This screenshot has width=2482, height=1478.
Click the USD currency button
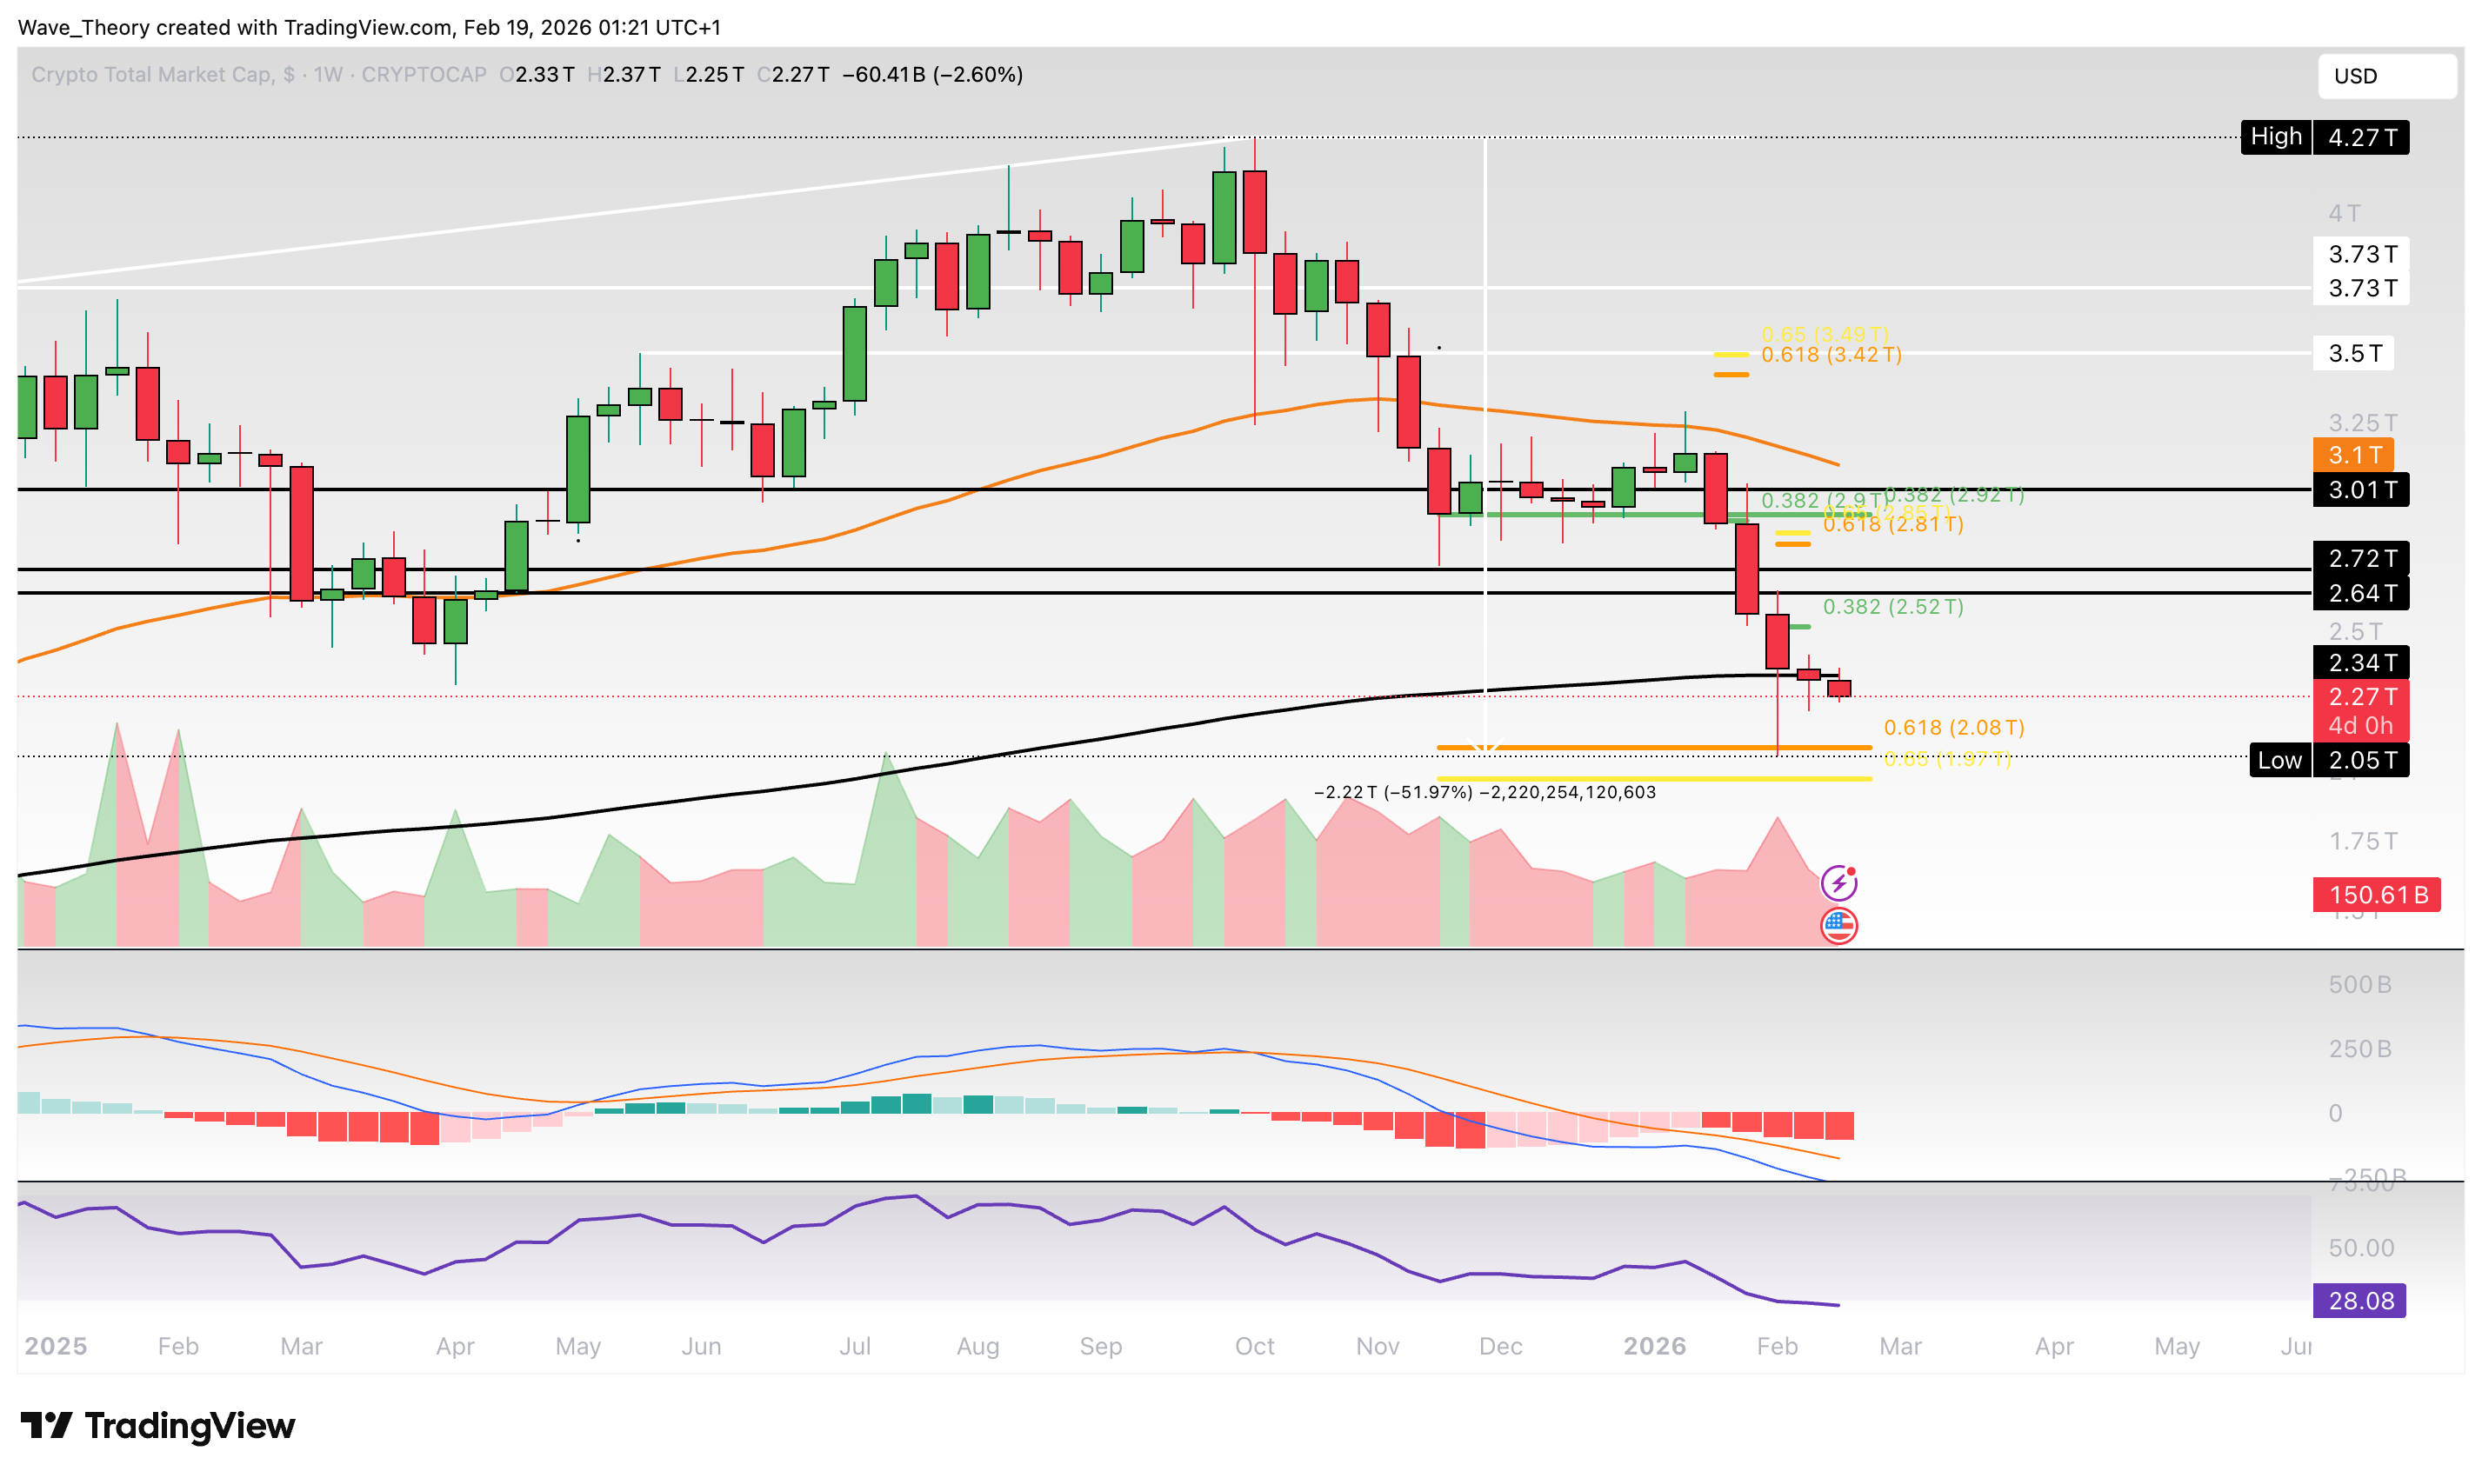click(2385, 76)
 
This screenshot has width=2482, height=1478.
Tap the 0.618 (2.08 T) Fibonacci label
click(1952, 727)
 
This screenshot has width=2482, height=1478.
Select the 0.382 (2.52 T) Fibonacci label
click(1892, 607)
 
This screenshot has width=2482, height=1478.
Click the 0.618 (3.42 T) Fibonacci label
click(1830, 355)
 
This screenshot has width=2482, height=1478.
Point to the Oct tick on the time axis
click(1253, 1346)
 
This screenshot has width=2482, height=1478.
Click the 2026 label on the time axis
click(1653, 1346)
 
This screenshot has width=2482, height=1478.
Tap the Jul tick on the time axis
click(853, 1346)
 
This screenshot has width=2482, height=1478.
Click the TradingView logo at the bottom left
click(157, 1425)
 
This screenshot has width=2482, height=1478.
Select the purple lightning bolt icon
click(1838, 882)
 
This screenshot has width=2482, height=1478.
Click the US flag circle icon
click(1838, 925)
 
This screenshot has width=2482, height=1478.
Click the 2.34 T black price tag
click(2359, 662)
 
